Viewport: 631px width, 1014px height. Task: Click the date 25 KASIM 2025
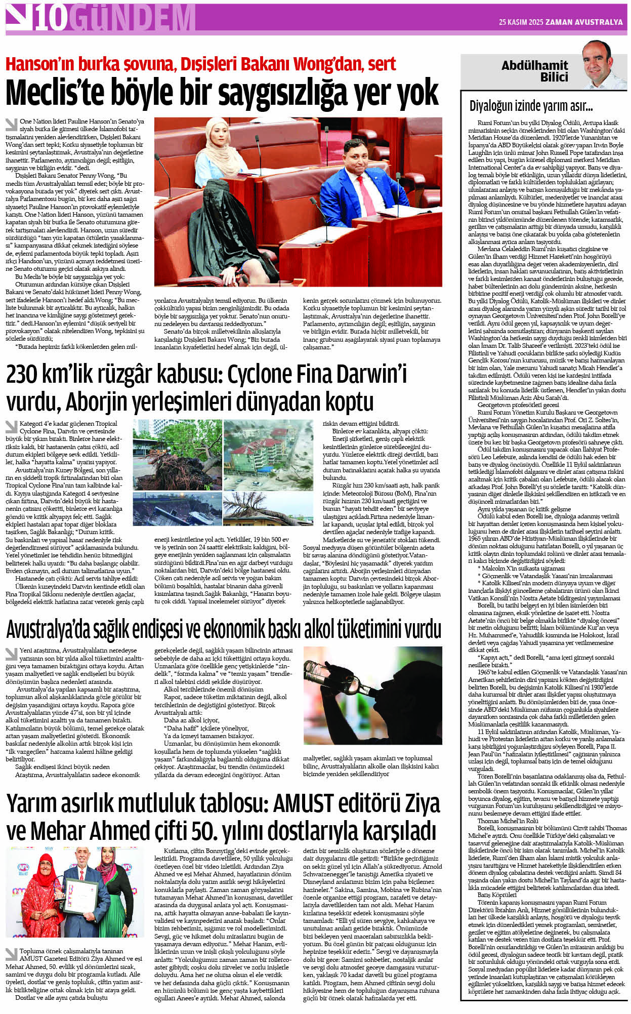pos(521,22)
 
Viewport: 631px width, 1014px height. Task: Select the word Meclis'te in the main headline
pos(55,93)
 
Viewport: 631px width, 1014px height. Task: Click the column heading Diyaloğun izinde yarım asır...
pos(531,106)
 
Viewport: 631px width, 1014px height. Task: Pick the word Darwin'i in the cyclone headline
pos(369,375)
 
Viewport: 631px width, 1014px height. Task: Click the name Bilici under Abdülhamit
pos(554,77)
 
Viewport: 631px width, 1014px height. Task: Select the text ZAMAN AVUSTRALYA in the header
pos(585,22)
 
